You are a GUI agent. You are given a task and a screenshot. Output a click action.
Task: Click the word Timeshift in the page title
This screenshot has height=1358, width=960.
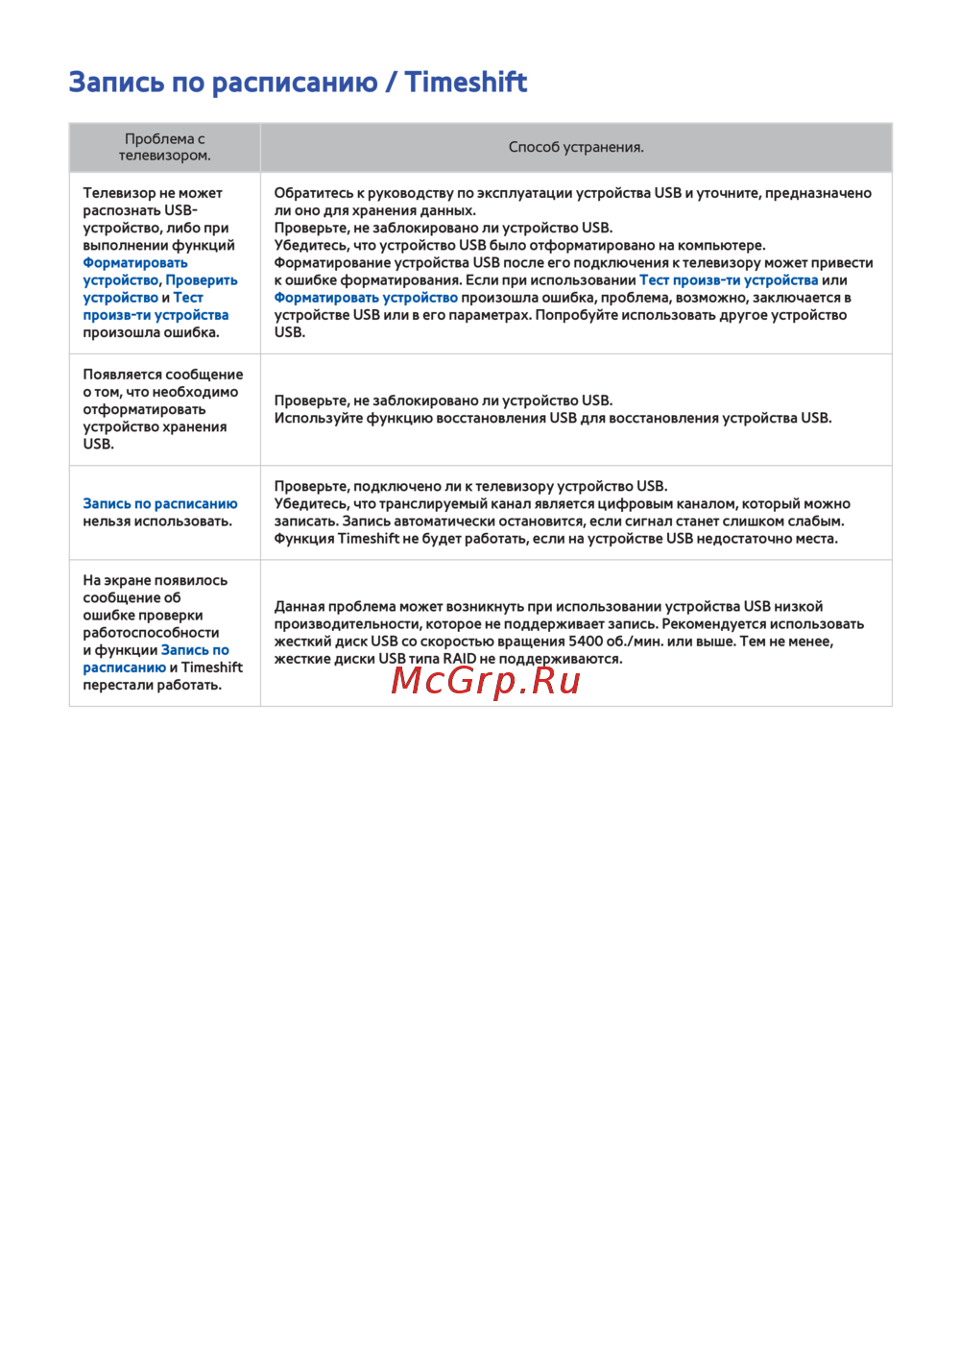click(x=466, y=83)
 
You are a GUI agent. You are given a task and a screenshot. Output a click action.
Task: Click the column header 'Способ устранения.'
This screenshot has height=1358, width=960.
click(x=576, y=147)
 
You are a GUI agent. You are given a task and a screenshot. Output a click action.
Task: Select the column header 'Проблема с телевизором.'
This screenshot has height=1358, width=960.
click(x=164, y=147)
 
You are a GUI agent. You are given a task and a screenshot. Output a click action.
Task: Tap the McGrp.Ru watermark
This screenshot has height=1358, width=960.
click(x=486, y=681)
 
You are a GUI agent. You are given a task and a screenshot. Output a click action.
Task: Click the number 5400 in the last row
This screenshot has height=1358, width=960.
click(x=586, y=642)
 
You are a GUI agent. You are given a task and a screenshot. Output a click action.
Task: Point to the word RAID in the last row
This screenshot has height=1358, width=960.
click(x=460, y=659)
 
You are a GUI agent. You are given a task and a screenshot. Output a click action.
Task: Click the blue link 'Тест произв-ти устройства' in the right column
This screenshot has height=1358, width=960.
click(x=729, y=280)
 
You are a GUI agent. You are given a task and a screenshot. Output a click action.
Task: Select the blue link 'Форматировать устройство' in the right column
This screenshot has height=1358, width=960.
click(x=366, y=298)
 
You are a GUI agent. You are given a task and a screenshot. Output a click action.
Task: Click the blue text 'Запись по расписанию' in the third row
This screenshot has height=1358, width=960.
click(x=159, y=504)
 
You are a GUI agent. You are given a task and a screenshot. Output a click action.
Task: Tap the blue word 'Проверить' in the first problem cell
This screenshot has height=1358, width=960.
click(x=202, y=280)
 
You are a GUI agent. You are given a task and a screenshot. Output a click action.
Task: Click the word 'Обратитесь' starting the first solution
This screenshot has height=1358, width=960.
click(x=313, y=193)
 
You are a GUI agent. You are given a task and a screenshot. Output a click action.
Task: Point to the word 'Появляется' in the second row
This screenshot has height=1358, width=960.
click(x=120, y=375)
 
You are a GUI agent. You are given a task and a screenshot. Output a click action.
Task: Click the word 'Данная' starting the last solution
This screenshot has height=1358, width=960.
click(x=299, y=607)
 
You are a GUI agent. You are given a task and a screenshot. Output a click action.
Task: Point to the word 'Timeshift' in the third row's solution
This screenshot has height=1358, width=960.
click(x=369, y=539)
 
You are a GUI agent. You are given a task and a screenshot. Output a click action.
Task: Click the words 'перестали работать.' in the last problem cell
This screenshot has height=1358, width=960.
click(x=152, y=686)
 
